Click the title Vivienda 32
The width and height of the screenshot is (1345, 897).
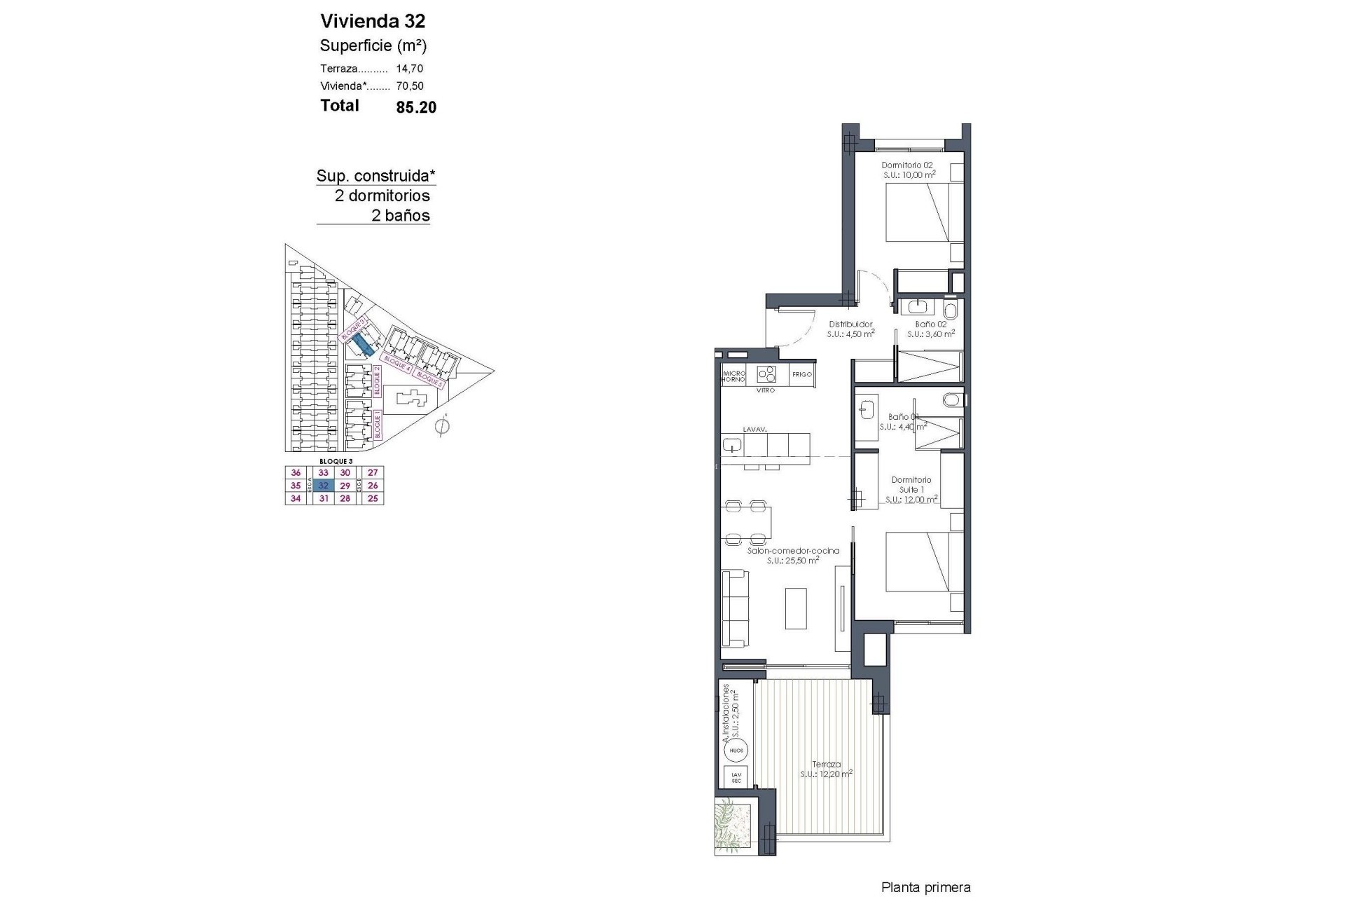pyautogui.click(x=372, y=21)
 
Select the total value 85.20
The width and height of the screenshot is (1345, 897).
pyautogui.click(x=416, y=107)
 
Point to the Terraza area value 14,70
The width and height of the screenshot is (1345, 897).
pyautogui.click(x=410, y=69)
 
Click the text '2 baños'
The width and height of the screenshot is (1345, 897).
pyautogui.click(x=401, y=216)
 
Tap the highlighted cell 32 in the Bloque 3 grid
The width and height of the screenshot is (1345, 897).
pyautogui.click(x=324, y=486)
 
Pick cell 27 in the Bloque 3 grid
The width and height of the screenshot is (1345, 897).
pyautogui.click(x=373, y=473)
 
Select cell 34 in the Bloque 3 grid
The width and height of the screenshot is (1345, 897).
pyautogui.click(x=296, y=498)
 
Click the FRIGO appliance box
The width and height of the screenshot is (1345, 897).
pyautogui.click(x=801, y=374)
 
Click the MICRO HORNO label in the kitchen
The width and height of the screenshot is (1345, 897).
pyautogui.click(x=733, y=376)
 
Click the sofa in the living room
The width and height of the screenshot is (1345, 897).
pyautogui.click(x=735, y=608)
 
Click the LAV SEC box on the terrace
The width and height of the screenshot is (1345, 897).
pyautogui.click(x=736, y=777)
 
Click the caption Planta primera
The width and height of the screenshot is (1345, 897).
pyautogui.click(x=925, y=888)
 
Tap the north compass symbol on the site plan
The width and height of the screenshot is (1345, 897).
pyautogui.click(x=442, y=425)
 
